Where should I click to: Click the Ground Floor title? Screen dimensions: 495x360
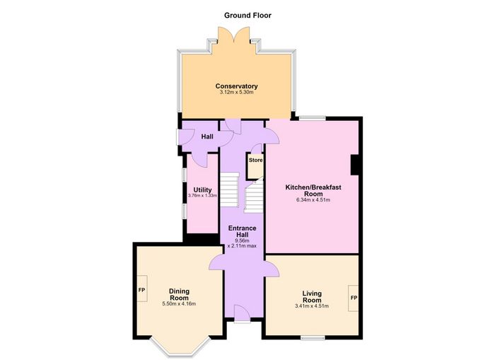248,15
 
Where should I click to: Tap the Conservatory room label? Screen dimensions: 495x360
236,86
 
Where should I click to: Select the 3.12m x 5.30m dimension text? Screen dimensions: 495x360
236,93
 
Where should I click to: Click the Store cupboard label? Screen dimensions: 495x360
255,160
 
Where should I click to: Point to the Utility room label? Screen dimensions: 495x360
202,190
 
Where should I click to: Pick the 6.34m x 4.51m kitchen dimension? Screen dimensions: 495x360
313,200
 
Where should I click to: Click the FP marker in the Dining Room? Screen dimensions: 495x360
141,289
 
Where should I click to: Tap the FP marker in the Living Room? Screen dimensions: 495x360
354,298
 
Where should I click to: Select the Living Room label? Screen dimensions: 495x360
312,297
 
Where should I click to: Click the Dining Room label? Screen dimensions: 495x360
179,294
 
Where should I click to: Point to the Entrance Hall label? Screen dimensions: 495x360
242,231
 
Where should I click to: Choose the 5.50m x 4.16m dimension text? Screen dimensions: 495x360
179,304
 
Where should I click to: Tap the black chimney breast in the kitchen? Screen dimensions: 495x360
354,165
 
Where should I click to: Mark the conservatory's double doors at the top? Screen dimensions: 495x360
233,35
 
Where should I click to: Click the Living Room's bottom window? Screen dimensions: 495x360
313,338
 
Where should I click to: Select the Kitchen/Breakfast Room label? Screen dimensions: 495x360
313,190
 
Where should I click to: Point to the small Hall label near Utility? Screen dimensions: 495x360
207,137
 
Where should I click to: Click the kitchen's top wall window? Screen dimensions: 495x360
313,118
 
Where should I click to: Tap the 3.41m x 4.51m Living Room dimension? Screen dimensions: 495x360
312,306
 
